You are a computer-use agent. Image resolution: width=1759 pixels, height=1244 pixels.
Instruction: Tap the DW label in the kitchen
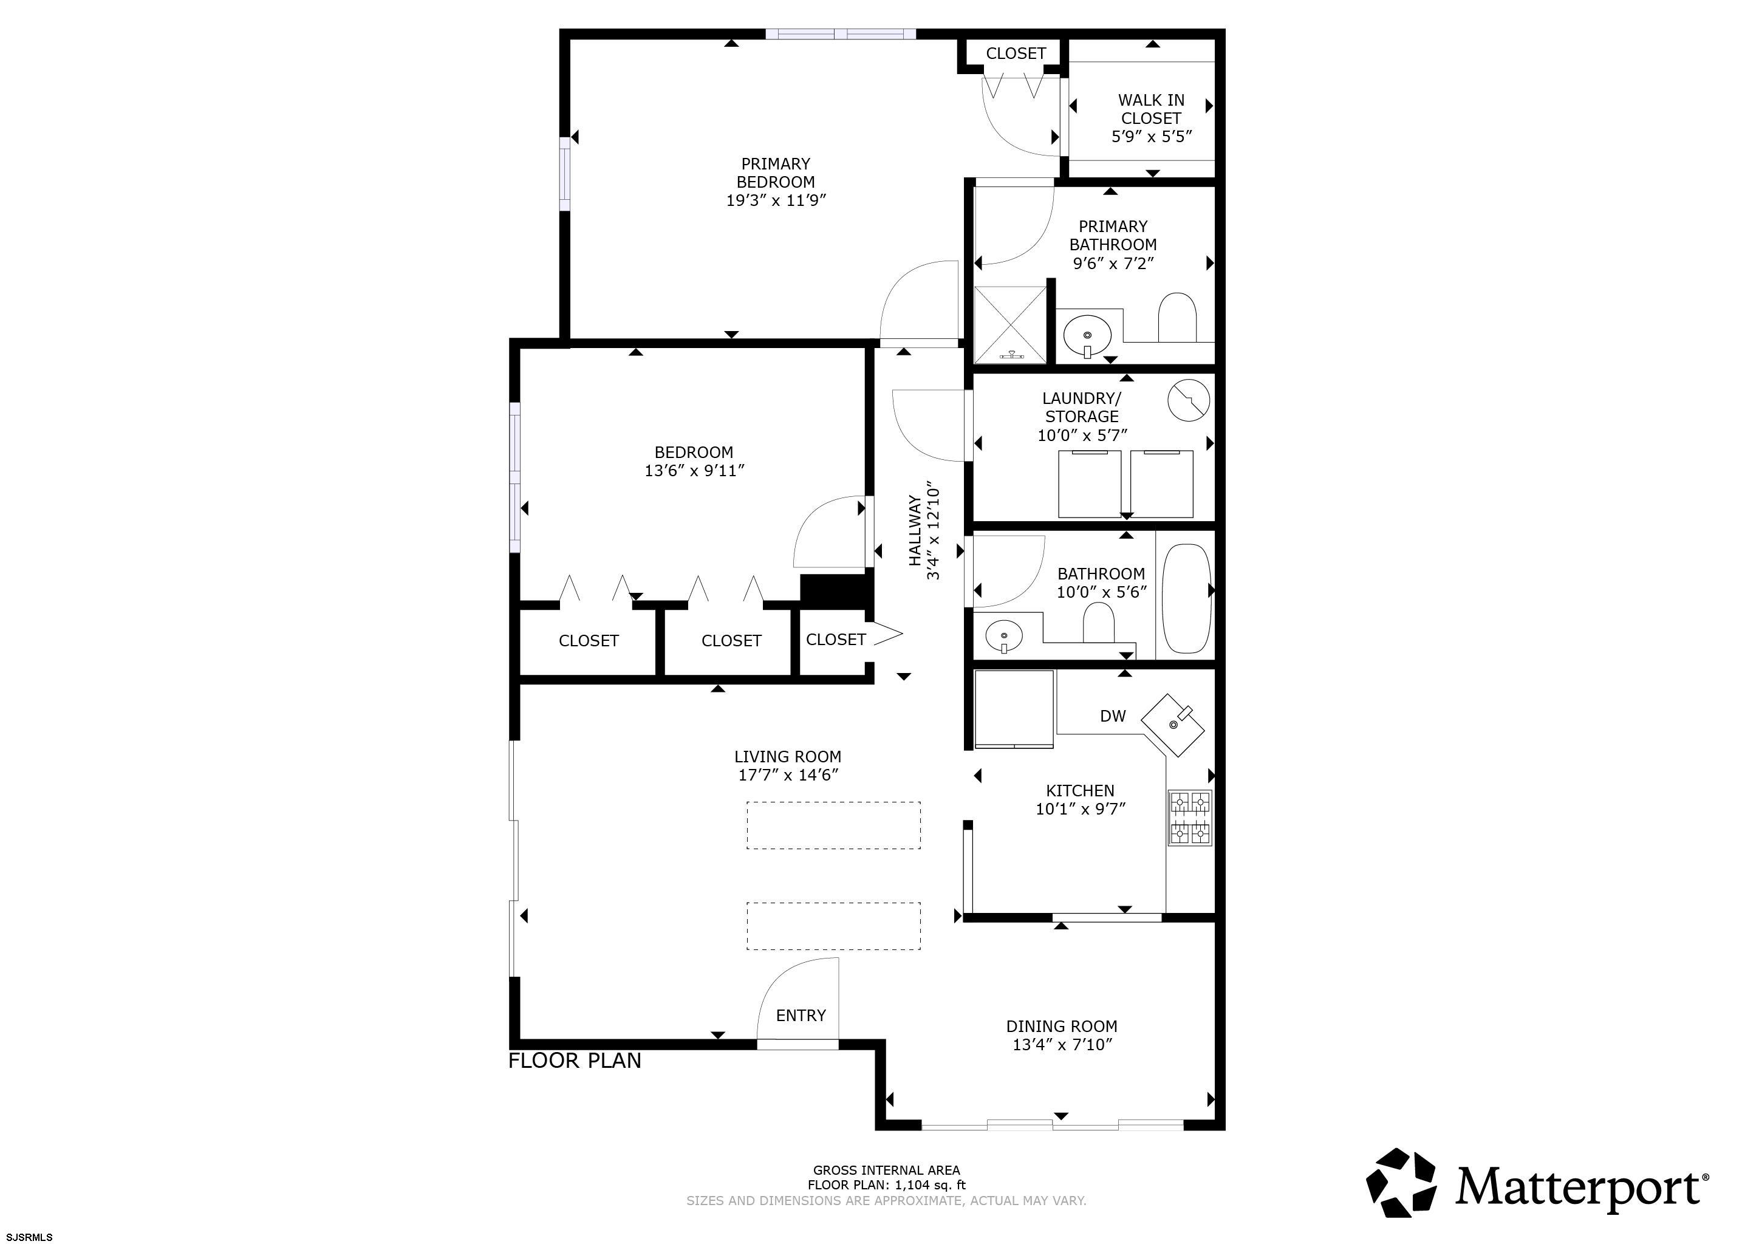pyautogui.click(x=1112, y=716)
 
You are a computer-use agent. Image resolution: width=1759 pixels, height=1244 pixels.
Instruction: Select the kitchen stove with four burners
pyautogui.click(x=1190, y=818)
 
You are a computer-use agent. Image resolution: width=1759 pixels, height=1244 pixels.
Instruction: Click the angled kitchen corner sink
pyautogui.click(x=1173, y=725)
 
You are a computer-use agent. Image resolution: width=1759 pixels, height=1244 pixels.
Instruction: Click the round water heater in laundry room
pyautogui.click(x=1188, y=400)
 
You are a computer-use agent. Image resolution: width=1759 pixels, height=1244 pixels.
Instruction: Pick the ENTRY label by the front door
pyautogui.click(x=801, y=1016)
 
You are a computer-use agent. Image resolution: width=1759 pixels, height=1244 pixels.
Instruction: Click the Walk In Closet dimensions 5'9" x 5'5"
pyautogui.click(x=1152, y=137)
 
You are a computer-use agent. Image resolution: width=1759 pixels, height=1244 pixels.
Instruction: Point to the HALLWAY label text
pyautogui.click(x=915, y=530)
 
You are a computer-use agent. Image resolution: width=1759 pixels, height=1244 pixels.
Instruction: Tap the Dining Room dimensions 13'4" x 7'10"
pyautogui.click(x=1062, y=1045)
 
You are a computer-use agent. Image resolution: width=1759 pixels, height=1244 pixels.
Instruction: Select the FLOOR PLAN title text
pyautogui.click(x=575, y=1061)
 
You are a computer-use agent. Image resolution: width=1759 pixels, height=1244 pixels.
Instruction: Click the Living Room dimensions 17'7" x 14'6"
pyautogui.click(x=788, y=775)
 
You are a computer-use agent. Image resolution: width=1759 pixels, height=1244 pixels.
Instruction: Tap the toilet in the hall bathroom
pyautogui.click(x=1099, y=621)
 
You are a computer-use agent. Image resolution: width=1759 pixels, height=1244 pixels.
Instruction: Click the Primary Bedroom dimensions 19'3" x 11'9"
pyautogui.click(x=776, y=200)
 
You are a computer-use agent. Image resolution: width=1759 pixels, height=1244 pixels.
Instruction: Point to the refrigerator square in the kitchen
pyautogui.click(x=1014, y=709)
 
